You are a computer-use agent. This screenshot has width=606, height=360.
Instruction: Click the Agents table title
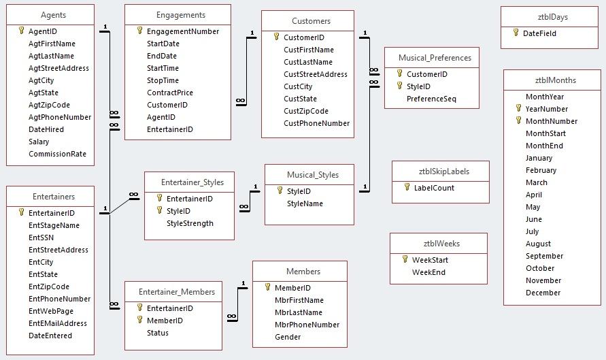[53, 15]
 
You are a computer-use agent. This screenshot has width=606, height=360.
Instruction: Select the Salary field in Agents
[39, 142]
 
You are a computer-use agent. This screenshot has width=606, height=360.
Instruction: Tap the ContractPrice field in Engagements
[170, 93]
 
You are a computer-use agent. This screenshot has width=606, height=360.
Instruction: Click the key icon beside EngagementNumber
[140, 31]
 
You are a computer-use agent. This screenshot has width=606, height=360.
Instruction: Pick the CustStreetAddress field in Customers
[316, 74]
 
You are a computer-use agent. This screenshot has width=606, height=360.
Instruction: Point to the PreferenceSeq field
[431, 99]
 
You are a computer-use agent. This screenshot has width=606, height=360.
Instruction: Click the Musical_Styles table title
[312, 175]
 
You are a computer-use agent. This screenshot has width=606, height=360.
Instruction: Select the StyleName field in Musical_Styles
[305, 203]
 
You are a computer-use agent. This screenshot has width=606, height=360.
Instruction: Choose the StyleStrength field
[190, 223]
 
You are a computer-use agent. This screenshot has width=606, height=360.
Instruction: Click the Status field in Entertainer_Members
[158, 333]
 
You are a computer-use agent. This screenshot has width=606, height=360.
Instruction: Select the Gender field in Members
[288, 337]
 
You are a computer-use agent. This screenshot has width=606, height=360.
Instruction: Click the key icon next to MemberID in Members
[268, 288]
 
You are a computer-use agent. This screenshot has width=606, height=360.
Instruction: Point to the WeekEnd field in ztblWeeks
[428, 272]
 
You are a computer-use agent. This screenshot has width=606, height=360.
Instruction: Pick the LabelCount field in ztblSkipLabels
[434, 188]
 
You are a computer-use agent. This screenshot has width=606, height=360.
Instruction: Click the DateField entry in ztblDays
[540, 33]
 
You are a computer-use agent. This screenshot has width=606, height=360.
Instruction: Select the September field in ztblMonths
[544, 256]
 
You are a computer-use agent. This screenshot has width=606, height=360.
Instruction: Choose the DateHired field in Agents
[46, 129]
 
